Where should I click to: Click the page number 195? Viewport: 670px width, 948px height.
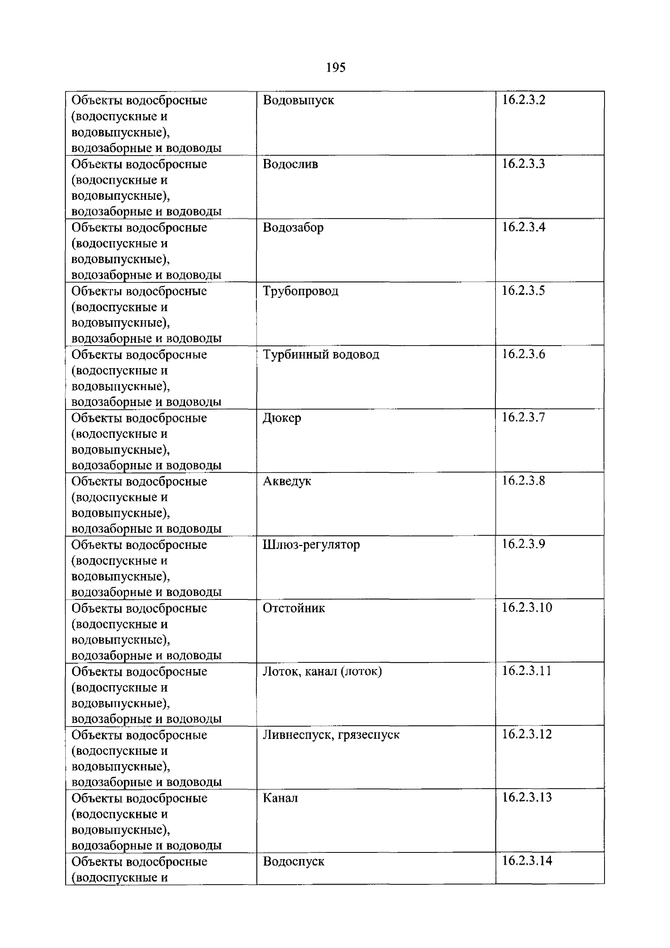335,67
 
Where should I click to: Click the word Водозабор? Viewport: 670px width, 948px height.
293,228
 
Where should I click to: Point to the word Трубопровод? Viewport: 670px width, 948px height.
300,291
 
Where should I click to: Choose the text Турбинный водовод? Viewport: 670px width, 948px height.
321,354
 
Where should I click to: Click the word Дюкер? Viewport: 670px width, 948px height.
282,418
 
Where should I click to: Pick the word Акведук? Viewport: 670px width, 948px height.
287,481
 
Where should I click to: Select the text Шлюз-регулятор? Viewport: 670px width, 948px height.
311,545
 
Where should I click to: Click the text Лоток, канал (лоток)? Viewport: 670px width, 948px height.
322,672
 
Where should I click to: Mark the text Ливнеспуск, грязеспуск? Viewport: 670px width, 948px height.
331,735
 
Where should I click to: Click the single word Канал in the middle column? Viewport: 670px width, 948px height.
280,798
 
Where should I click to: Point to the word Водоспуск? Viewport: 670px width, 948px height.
293,862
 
